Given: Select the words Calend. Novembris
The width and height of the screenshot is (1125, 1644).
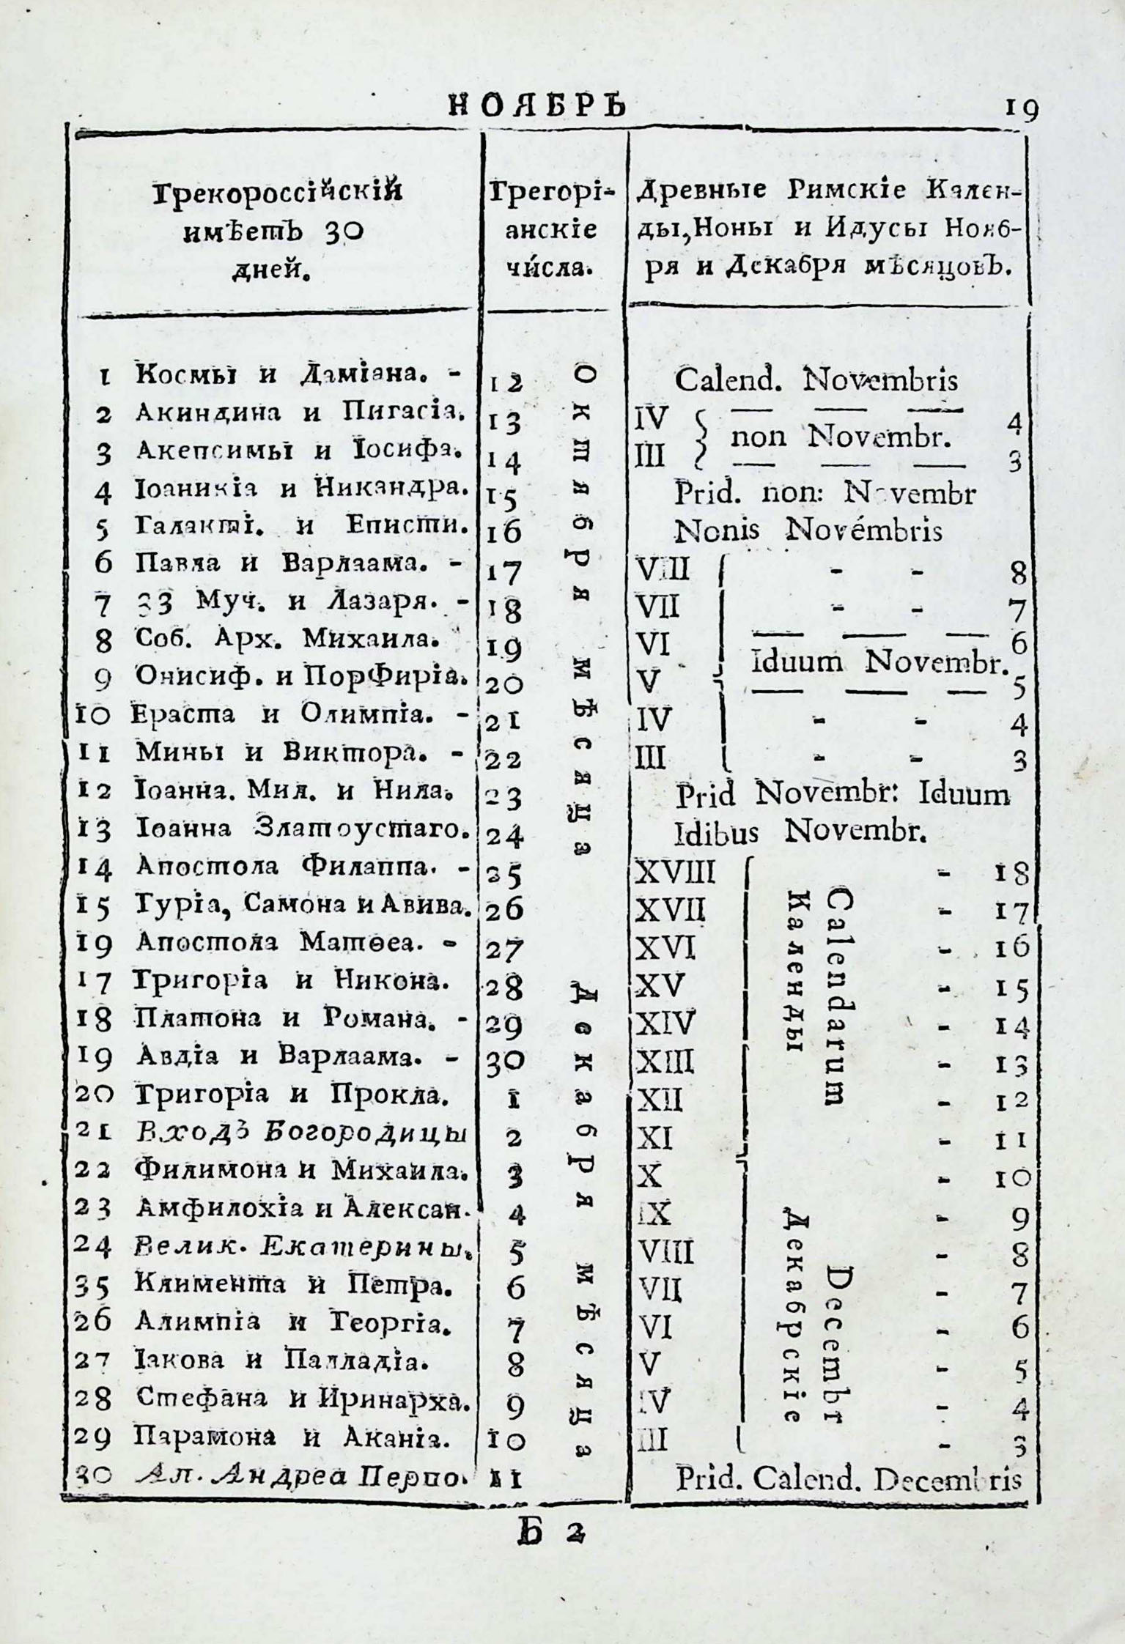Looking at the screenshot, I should (x=815, y=380).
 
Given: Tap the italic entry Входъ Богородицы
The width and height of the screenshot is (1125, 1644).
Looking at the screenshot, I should (x=302, y=1135).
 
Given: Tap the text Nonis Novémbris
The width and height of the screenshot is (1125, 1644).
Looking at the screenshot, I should (x=808, y=530).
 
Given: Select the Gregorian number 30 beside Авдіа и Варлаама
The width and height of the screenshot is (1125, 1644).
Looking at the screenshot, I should (x=504, y=1060).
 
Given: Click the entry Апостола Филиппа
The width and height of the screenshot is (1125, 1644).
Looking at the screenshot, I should (x=289, y=867).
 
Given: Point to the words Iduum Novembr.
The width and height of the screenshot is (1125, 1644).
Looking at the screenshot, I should (x=877, y=663).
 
